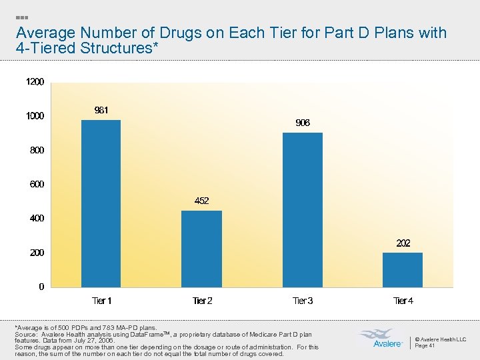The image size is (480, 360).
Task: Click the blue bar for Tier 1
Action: tap(101, 203)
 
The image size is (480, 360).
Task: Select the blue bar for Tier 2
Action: tap(201, 249)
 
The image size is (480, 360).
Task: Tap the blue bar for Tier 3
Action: tap(302, 210)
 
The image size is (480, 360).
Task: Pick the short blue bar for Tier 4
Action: tap(403, 269)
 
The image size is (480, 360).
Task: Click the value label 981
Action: tap(101, 110)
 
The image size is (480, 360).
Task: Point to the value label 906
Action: tap(302, 123)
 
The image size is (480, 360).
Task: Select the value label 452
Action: tap(201, 201)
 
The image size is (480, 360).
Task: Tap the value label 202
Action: tap(403, 243)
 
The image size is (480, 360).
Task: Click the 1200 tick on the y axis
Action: tap(35, 82)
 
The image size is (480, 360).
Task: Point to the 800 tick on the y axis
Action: tap(37, 151)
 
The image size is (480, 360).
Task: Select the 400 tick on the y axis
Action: tap(37, 219)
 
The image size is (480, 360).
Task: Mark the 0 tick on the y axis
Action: tap(41, 287)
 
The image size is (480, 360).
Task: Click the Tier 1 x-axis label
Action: tap(101, 301)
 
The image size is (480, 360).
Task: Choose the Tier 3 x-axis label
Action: tap(303, 301)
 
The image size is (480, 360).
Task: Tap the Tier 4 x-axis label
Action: tap(403, 301)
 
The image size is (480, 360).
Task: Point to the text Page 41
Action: tap(425, 345)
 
